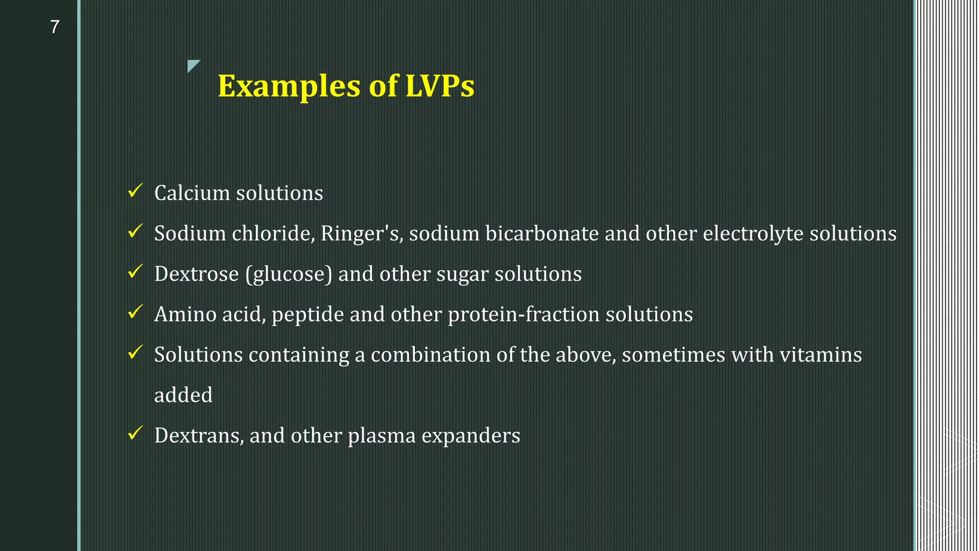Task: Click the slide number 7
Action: click(x=54, y=27)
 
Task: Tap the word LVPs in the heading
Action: click(x=440, y=87)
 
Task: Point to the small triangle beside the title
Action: click(x=193, y=66)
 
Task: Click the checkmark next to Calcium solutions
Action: click(x=135, y=191)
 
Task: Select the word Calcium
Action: click(x=192, y=193)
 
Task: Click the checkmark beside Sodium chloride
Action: click(x=135, y=232)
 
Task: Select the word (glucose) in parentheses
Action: click(x=289, y=275)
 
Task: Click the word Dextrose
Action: click(x=196, y=274)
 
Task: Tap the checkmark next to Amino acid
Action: click(x=135, y=313)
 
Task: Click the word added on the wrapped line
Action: click(x=183, y=396)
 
